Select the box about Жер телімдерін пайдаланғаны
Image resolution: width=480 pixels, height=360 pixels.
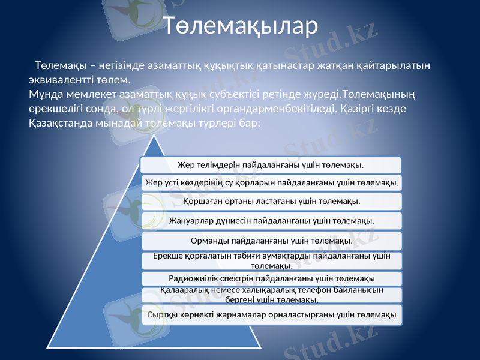coord(271,164)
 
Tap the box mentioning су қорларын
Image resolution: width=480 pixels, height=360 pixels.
coord(271,182)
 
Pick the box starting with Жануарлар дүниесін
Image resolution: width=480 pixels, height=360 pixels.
coord(271,220)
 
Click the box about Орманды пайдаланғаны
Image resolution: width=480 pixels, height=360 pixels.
coord(271,241)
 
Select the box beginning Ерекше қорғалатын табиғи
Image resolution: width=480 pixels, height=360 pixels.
coord(271,260)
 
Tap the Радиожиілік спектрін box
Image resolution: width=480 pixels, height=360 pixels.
coord(271,278)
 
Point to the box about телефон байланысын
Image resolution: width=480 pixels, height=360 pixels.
coord(271,295)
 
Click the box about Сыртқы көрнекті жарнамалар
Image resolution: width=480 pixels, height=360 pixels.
coord(271,315)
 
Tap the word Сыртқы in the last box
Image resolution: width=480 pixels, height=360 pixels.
coord(162,315)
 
